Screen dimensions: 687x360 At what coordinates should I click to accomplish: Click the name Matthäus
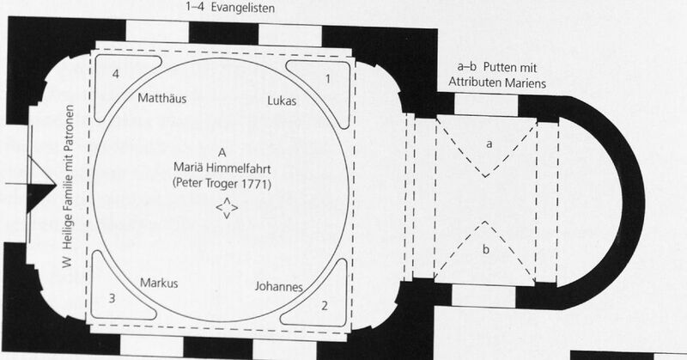point(162,98)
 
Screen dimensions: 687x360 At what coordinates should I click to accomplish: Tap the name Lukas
point(282,101)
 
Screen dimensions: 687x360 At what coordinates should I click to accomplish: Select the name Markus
point(159,284)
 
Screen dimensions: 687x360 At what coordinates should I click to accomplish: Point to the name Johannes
point(278,287)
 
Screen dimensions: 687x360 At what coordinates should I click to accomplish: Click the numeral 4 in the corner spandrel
point(116,74)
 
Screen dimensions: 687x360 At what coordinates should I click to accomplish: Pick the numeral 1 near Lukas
point(327,79)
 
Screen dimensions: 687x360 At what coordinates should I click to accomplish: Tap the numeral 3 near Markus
point(112,299)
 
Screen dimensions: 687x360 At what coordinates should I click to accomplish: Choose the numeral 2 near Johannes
point(325,306)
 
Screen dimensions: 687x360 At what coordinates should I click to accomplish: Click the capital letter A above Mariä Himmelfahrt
point(222,153)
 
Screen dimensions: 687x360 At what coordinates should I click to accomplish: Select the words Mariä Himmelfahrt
point(222,168)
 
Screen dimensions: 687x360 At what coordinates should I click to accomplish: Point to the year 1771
point(254,184)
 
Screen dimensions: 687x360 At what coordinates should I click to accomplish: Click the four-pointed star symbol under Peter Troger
point(227,207)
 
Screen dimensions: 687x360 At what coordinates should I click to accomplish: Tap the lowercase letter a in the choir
point(489,143)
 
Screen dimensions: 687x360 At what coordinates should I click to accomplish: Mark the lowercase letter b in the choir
point(486,249)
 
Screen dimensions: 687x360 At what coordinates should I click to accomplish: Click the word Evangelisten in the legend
point(243,8)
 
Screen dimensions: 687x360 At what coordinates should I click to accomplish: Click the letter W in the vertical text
point(67,262)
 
